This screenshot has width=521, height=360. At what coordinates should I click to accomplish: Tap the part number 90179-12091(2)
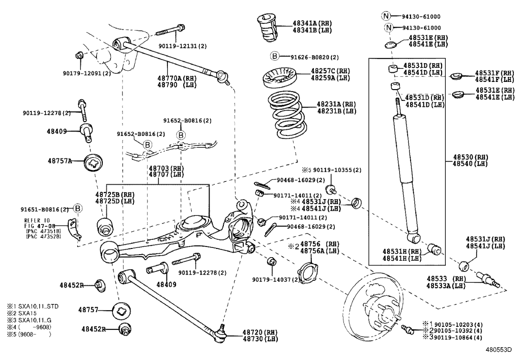click(x=86, y=73)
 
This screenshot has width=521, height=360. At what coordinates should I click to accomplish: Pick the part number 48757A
click(x=59, y=161)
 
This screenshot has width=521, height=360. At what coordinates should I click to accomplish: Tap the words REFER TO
click(x=37, y=220)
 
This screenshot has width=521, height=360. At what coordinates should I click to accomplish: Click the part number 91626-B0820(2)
click(x=314, y=57)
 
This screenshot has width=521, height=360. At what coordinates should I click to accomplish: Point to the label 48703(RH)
click(x=166, y=168)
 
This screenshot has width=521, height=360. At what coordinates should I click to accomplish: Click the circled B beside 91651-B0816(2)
click(x=78, y=208)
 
